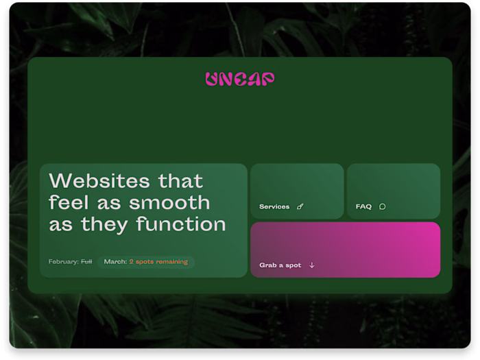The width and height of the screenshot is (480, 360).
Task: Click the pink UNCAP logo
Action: coord(239,79)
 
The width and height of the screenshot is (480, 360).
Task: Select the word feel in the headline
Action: coord(67,202)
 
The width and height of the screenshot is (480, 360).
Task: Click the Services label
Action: coord(274,206)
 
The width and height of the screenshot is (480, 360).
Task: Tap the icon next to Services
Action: coord(300,206)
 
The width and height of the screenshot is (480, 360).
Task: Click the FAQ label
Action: coord(363,206)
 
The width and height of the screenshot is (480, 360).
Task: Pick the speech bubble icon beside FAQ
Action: coord(383,206)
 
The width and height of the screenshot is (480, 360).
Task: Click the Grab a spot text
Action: coord(280,265)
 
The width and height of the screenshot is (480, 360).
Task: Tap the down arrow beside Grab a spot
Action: coord(312,265)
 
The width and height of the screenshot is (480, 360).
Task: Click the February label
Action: coord(63,261)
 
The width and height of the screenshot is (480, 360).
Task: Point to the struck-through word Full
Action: coord(86,261)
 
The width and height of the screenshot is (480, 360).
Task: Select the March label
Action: coord(115,261)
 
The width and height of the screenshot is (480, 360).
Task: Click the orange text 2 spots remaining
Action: coord(158,261)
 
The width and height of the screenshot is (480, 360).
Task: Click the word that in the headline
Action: coord(181,181)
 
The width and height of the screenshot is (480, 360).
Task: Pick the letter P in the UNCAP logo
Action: coord(267,79)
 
